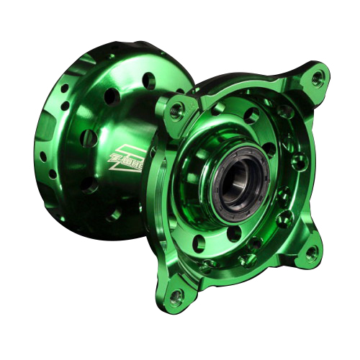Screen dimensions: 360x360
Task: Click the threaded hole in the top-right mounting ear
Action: (318, 78)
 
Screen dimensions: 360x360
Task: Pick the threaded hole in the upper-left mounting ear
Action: (175, 109)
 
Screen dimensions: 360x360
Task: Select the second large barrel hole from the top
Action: (112, 95)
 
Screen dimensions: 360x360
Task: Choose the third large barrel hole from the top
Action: (87, 137)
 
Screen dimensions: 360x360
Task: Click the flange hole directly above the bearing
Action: (251, 115)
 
